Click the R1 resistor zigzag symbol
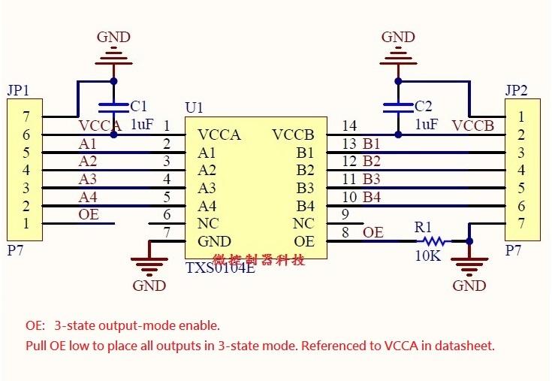coord(433,242)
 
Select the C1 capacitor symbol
coord(113,107)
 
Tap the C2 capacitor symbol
coord(397,107)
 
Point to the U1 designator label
coord(194,108)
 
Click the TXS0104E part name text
coord(220,268)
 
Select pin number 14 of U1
coord(348,125)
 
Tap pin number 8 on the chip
coord(345,232)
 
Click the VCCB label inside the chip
coord(294,135)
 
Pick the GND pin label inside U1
coord(214,242)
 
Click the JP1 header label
coord(19,90)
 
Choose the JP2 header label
coord(517,90)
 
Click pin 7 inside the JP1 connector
coord(26,116)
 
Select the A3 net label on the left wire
coord(88,179)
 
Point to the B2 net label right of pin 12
coord(372,161)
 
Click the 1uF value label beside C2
coord(427,125)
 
